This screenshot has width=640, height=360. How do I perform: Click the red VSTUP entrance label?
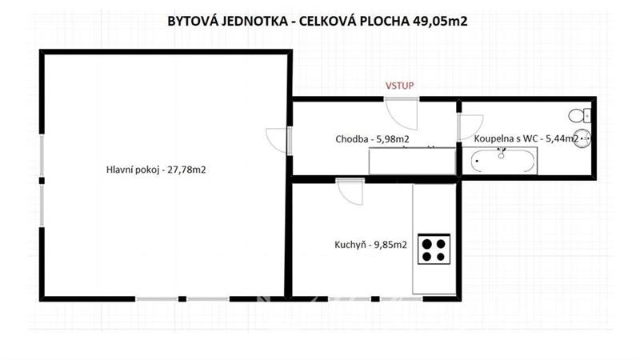(399, 86)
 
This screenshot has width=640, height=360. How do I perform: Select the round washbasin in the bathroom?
(582, 138)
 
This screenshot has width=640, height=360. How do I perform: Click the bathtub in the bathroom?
(503, 161)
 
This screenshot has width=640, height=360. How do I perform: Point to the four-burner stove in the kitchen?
(434, 249)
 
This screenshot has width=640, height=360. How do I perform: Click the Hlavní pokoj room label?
(133, 170)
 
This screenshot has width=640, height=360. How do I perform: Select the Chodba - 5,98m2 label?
(372, 139)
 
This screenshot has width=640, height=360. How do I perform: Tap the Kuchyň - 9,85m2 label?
(370, 245)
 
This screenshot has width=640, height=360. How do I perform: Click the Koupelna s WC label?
(506, 138)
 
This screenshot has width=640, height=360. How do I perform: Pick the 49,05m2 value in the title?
(440, 22)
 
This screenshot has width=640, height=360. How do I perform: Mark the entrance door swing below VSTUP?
(402, 114)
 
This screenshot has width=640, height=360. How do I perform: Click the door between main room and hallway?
(278, 141)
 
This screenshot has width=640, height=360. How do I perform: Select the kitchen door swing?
(350, 191)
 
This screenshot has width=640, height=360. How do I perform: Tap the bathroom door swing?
(470, 127)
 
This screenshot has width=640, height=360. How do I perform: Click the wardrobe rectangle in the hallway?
(412, 161)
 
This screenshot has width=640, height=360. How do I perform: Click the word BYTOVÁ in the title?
(193, 22)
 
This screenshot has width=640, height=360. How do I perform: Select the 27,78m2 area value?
(187, 170)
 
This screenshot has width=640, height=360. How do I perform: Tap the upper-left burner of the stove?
(427, 244)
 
